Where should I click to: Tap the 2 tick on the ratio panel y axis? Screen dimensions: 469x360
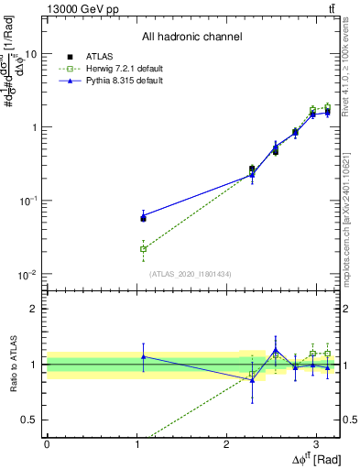pos(36,309)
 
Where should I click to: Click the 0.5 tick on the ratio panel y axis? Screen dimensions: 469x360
pos(32,420)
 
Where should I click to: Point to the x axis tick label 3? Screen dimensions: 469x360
pos(317,443)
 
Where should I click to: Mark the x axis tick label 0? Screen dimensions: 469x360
pos(47,443)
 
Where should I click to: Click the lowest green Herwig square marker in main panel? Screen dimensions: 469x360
pos(143,248)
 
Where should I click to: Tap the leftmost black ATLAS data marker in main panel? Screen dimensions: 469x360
pos(143,218)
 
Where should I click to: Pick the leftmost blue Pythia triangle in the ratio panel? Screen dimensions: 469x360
pos(143,356)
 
